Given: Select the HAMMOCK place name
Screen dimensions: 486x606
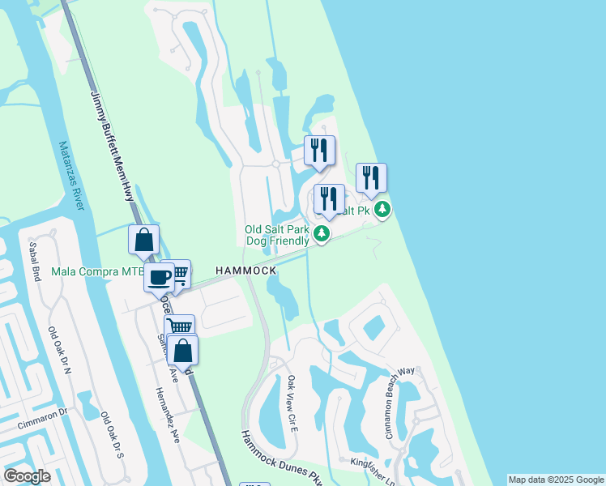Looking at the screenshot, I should click(245, 270).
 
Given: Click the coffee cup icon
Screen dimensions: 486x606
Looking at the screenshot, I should click(160, 276).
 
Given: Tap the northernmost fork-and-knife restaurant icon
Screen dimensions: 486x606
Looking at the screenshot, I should click(319, 150).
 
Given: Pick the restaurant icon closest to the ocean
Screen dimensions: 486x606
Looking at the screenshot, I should click(371, 177).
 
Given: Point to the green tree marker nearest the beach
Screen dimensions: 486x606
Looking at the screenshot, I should click(382, 211).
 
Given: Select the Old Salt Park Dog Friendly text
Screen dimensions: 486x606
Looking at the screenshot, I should click(277, 235).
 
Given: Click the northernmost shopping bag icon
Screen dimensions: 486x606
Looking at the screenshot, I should click(143, 239).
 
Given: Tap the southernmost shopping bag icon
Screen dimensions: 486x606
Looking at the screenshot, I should click(183, 350).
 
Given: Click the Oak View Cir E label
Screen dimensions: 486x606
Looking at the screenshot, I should click(292, 403).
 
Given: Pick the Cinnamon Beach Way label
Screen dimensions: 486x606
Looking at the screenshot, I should click(400, 403).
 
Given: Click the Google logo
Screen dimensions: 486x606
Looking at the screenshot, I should click(27, 476).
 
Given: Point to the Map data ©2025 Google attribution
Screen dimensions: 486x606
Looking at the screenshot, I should click(556, 480).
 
